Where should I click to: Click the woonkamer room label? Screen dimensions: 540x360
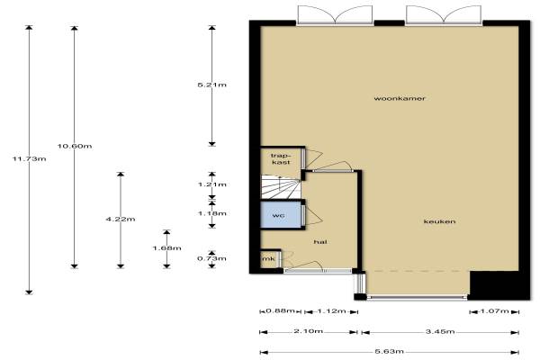tap(400, 98)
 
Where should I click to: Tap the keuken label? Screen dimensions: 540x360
tap(439, 221)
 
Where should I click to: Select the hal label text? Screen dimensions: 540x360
tap(320, 242)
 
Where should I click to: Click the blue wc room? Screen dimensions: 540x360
tap(281, 215)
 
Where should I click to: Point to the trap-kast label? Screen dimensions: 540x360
tap(281, 158)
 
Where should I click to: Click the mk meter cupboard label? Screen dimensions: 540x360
tap(268, 258)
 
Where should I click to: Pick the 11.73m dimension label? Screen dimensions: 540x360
tap(30, 158)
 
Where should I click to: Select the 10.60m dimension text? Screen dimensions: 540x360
tap(75, 146)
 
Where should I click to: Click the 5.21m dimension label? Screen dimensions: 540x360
tap(212, 85)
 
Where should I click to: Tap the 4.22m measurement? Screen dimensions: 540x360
tap(121, 219)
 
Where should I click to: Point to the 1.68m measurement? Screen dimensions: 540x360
tap(167, 248)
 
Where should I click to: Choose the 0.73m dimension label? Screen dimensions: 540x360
tap(212, 258)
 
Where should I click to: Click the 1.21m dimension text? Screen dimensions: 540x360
tap(212, 184)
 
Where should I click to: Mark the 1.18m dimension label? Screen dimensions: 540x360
tap(212, 213)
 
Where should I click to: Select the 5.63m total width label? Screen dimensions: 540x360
tap(389, 352)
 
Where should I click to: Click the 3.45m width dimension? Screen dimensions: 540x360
tap(440, 332)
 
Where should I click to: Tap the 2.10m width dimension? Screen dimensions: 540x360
tap(308, 331)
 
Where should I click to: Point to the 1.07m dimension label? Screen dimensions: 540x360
tap(494, 311)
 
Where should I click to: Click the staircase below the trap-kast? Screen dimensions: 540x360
tap(281, 186)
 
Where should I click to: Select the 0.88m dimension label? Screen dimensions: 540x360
tap(280, 311)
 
